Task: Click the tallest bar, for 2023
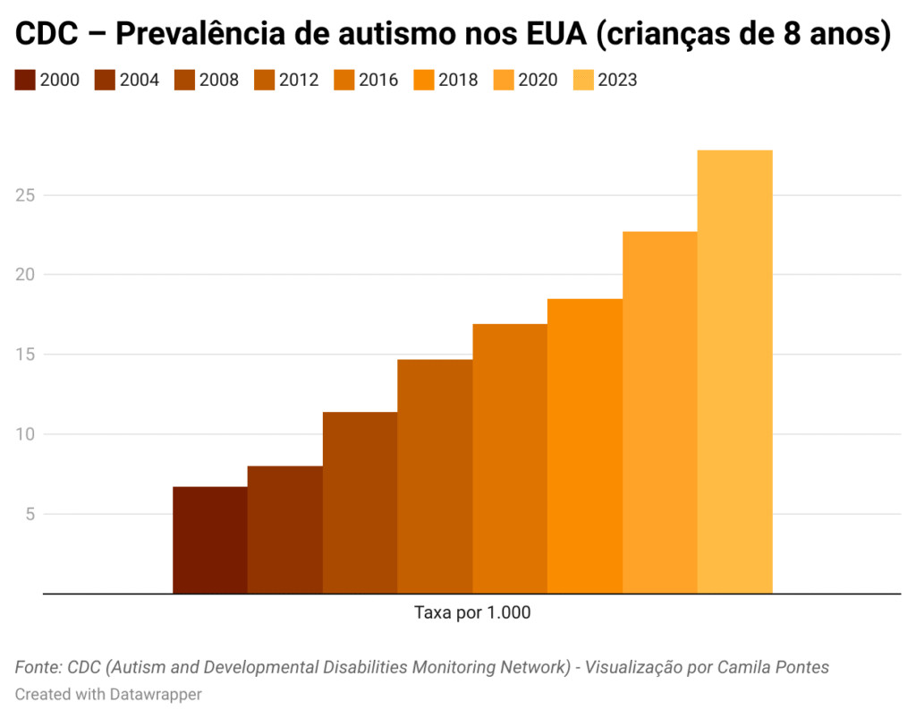tap(734, 372)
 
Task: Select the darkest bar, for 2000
tap(210, 540)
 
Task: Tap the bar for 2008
tap(360, 502)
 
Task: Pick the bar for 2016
tap(510, 458)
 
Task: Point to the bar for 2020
tap(659, 412)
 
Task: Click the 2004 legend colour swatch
tap(105, 80)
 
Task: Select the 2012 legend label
tap(299, 80)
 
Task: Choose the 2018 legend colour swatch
tap(423, 80)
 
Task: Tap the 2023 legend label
tap(617, 80)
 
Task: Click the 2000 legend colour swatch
tap(25, 80)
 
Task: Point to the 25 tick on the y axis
tap(27, 195)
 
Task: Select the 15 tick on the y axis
tap(27, 355)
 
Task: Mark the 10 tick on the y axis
tap(27, 434)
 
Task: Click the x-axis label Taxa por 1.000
tap(472, 613)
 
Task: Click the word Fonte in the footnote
tap(37, 667)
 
